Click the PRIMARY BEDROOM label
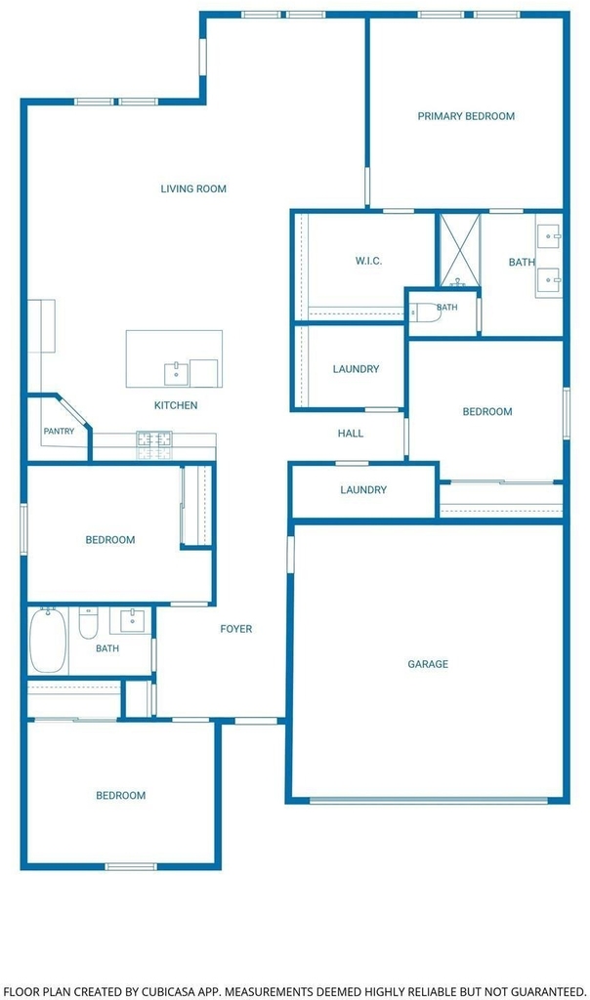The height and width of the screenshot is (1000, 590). [x=466, y=116]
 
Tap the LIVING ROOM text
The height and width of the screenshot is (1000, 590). [x=193, y=188]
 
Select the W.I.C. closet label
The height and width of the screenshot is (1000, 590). [x=368, y=261]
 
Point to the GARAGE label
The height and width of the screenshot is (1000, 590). [x=427, y=664]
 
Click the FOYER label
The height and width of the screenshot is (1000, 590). [x=236, y=629]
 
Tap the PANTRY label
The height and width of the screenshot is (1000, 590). [x=59, y=431]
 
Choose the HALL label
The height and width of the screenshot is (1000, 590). [x=350, y=434]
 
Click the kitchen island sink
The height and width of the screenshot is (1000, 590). [x=176, y=374]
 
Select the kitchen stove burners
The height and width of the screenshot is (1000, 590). [x=153, y=445]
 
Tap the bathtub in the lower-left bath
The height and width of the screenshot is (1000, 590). [x=48, y=640]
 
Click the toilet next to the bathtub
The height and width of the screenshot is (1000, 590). [x=88, y=623]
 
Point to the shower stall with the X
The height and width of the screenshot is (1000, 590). [x=459, y=251]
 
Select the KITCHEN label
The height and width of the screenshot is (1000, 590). [x=176, y=405]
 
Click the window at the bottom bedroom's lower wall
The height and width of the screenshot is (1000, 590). [x=131, y=866]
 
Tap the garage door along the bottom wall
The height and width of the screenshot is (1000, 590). [x=429, y=801]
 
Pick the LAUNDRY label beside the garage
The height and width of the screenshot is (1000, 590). [x=363, y=490]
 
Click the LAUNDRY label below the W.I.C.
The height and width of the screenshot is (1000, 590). [x=356, y=369]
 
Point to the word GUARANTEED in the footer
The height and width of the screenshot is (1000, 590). [x=547, y=992]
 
